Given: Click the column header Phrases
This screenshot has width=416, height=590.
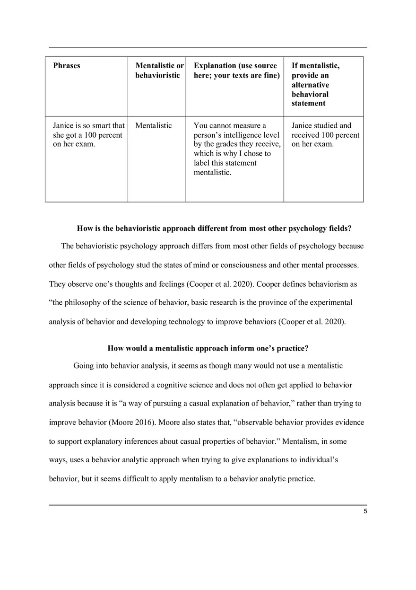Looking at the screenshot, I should [x=67, y=66].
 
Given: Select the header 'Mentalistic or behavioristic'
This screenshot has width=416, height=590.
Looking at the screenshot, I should [x=159, y=70].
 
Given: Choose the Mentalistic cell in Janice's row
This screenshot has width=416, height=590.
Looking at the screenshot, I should [x=154, y=126].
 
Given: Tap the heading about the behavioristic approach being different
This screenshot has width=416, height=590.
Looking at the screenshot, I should [x=214, y=229].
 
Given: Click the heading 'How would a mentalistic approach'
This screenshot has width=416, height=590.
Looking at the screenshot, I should [x=208, y=349].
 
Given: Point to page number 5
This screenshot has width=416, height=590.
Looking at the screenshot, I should [x=365, y=511].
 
